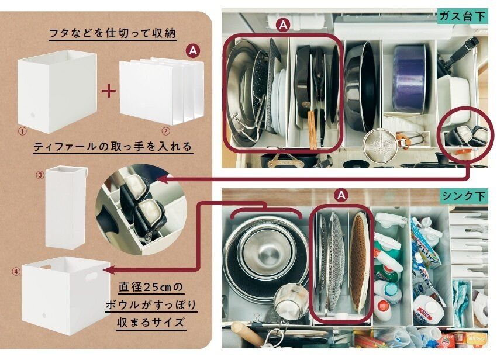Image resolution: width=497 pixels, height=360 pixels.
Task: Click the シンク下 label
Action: pyautogui.click(x=464, y=196)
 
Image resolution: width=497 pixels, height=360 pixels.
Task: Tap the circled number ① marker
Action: pyautogui.click(x=23, y=131)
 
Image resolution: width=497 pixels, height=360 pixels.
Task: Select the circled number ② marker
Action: pyautogui.click(x=166, y=131)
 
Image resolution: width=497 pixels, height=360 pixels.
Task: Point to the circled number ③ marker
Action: pyautogui.click(x=40, y=175)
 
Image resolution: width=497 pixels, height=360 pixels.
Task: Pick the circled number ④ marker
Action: pyautogui.click(x=16, y=271)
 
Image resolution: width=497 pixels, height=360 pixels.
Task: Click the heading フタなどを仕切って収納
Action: pyautogui.click(x=112, y=33)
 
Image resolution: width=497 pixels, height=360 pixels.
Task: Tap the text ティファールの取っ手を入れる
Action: pyautogui.click(x=112, y=147)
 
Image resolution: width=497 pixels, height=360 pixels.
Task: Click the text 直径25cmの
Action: pyautogui.click(x=151, y=288)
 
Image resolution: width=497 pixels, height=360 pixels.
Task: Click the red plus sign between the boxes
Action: pyautogui.click(x=109, y=92)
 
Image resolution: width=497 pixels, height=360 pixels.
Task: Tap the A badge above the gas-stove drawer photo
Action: pyautogui.click(x=283, y=25)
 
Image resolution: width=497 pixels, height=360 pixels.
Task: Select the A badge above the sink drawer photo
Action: pyautogui.click(x=341, y=195)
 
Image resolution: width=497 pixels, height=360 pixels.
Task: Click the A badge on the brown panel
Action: pyautogui.click(x=193, y=51)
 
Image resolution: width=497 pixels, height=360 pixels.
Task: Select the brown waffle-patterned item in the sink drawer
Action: pyautogui.click(x=359, y=262)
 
